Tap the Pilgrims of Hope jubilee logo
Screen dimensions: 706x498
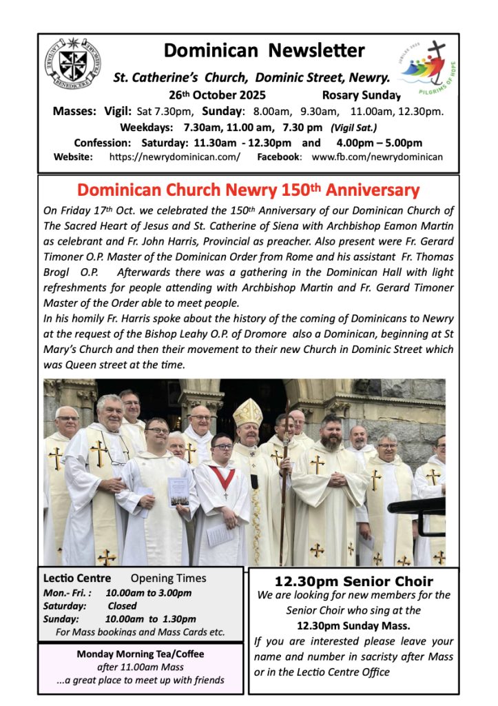tap(422, 67)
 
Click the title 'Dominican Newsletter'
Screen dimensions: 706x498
tap(264, 50)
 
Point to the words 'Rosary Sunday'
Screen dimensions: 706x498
tap(361, 95)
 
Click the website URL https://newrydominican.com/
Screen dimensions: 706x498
tap(175, 157)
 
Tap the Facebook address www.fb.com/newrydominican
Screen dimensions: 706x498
tap(377, 157)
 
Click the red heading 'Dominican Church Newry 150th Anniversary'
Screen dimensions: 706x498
tap(248, 190)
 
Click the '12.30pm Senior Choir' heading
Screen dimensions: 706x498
tap(354, 581)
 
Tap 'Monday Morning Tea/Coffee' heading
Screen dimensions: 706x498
tap(141, 654)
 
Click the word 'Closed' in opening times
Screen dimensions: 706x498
tap(122, 605)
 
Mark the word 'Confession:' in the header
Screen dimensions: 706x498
tap(102, 143)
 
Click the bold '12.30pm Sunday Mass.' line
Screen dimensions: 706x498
tap(353, 625)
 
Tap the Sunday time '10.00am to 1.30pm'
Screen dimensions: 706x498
tap(150, 618)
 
